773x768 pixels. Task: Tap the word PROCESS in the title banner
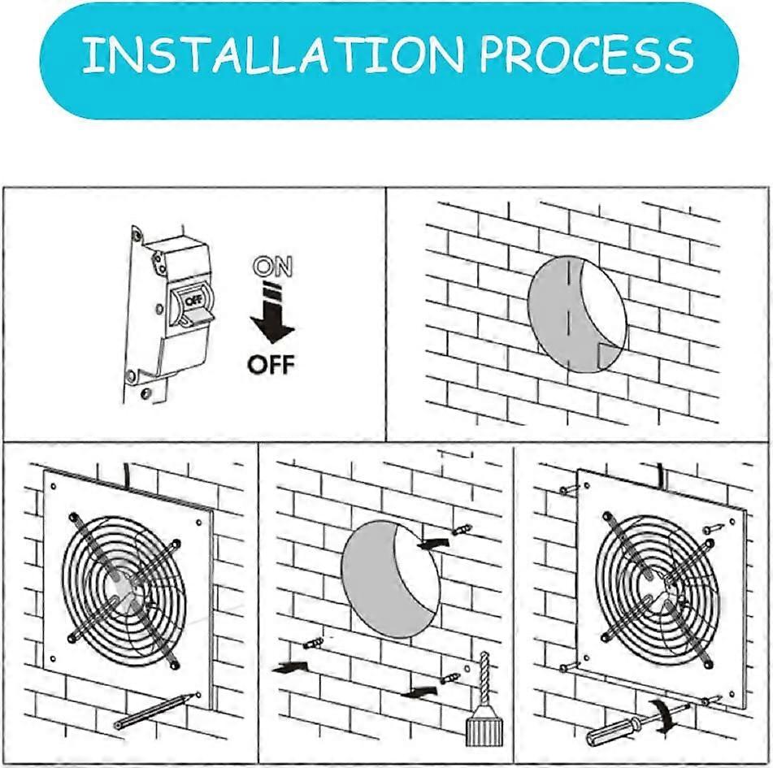585,55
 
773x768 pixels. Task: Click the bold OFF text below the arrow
271,364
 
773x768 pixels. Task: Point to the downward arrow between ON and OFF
271,317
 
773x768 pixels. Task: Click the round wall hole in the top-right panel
576,313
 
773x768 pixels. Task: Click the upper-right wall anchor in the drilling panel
462,530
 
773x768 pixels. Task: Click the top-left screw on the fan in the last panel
569,489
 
